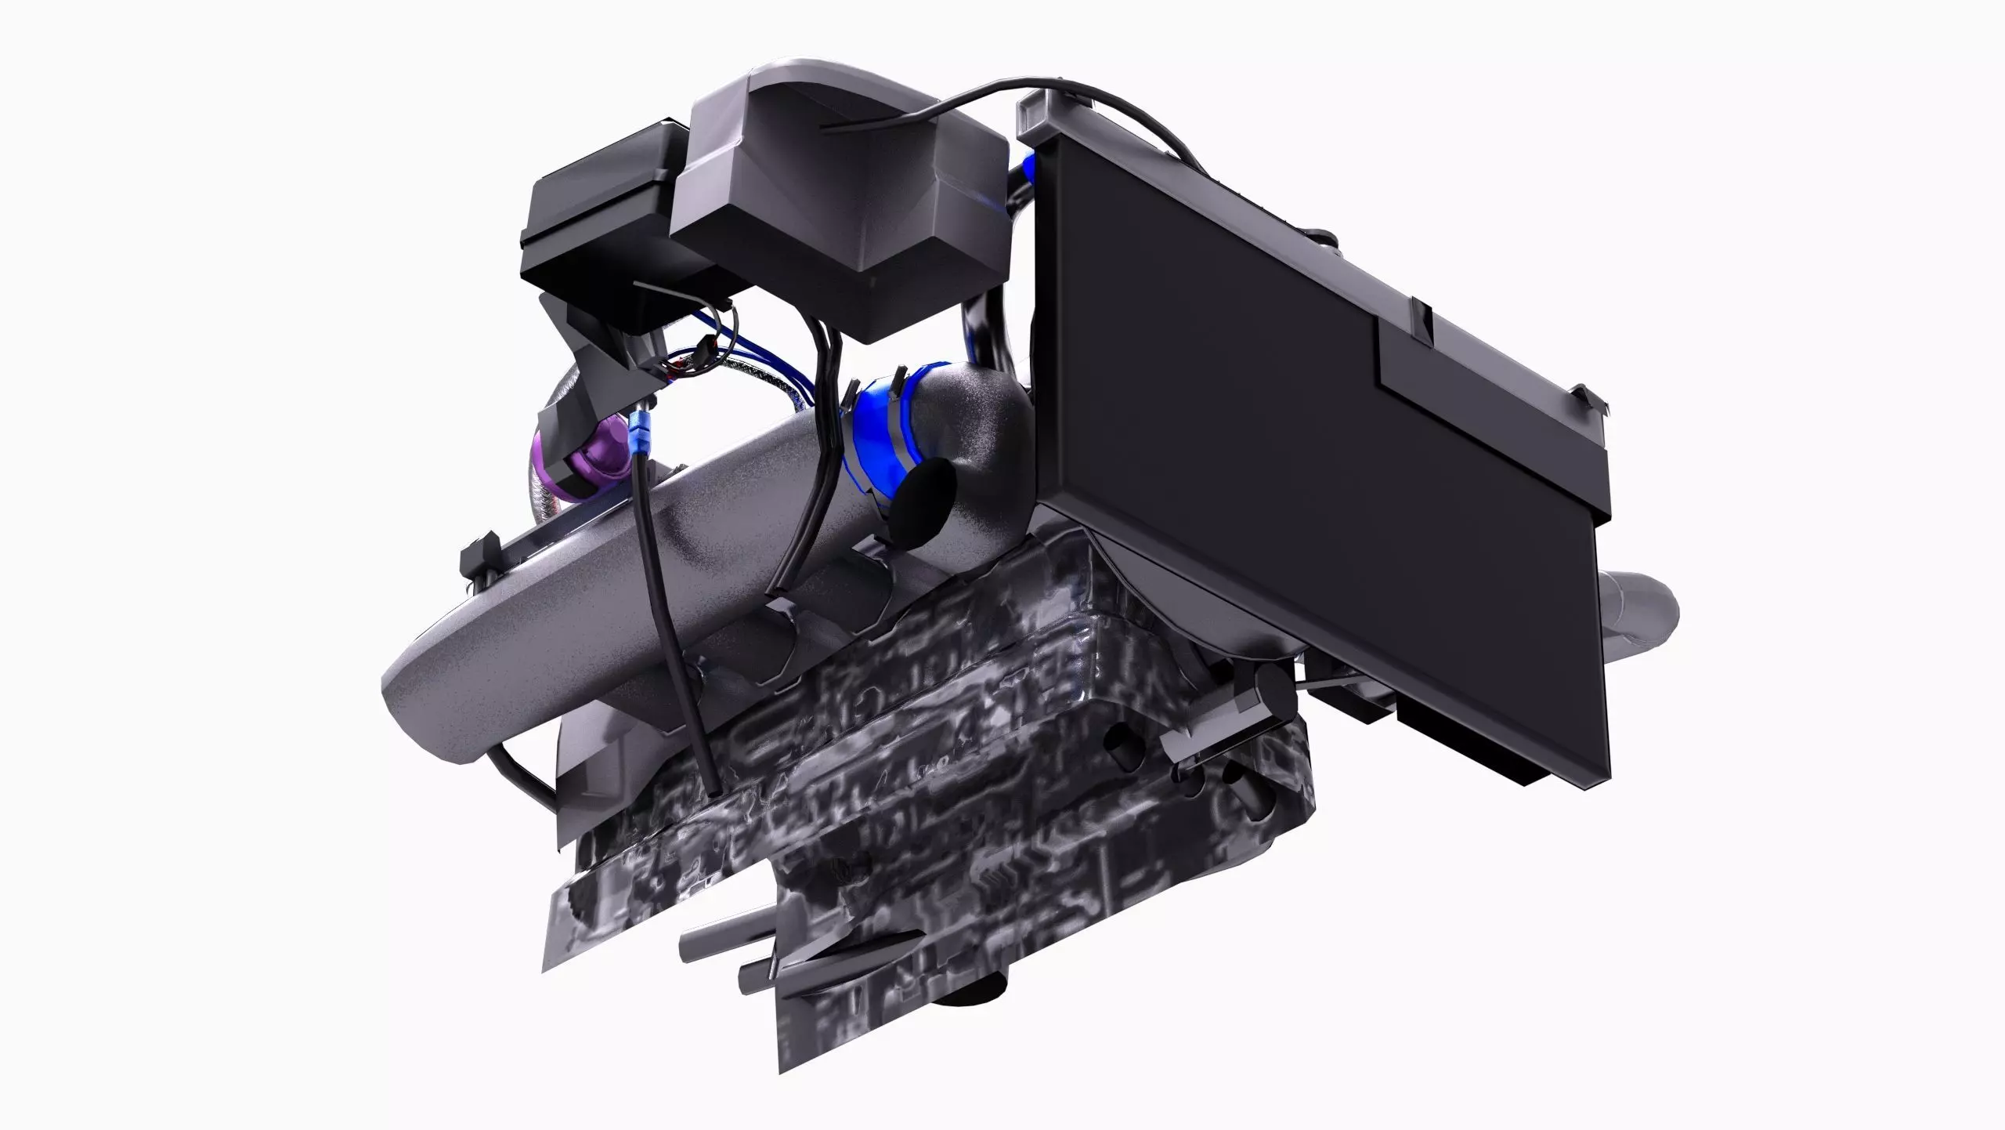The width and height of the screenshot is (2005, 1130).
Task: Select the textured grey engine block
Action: click(x=940, y=784)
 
